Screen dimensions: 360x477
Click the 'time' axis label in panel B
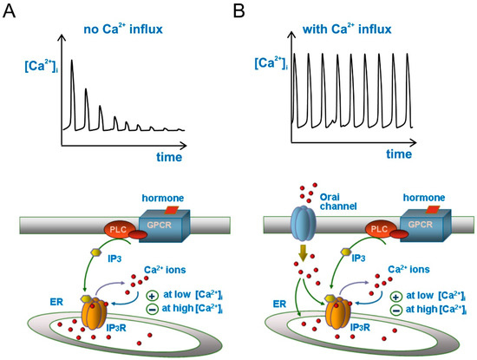pos(398,154)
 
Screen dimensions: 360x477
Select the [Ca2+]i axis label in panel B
pos(269,63)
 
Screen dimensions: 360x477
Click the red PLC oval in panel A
pos(121,230)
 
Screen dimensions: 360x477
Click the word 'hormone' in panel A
pos(164,198)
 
